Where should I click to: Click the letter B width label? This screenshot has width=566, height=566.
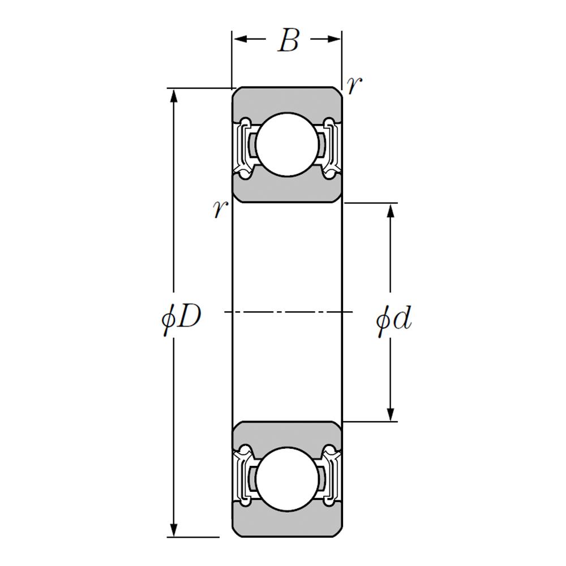289,40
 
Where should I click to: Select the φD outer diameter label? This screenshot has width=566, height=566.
181,318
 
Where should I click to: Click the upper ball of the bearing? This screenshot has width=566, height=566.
288,144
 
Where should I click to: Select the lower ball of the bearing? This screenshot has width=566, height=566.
288,479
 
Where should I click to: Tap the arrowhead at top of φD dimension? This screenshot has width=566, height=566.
174,96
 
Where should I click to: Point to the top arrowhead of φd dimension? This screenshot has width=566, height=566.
390,211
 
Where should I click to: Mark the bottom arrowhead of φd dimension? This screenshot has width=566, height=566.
390,413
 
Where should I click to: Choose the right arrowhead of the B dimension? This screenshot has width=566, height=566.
333,39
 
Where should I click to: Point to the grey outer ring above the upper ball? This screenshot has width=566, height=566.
288,101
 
